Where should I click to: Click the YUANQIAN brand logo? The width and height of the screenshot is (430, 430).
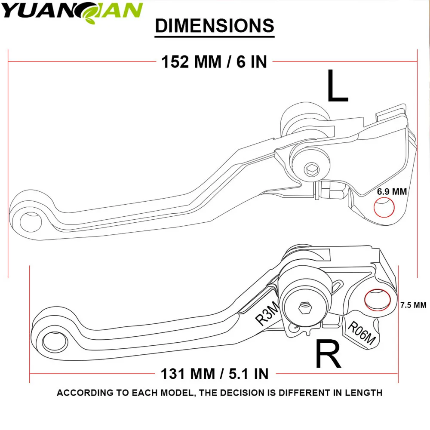pyautogui.click(x=72, y=10)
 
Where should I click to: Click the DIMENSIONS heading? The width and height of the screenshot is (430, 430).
pyautogui.click(x=215, y=26)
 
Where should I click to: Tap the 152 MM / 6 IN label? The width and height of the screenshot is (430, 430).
pyautogui.click(x=214, y=62)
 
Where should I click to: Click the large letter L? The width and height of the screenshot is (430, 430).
pyautogui.click(x=337, y=86)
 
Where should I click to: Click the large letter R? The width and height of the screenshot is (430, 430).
pyautogui.click(x=329, y=354)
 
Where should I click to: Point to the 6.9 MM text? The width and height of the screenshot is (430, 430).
pyautogui.click(x=392, y=192)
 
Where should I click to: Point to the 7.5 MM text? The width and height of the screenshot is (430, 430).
pyautogui.click(x=413, y=305)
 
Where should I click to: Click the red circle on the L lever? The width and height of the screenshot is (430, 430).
pyautogui.click(x=384, y=208)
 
